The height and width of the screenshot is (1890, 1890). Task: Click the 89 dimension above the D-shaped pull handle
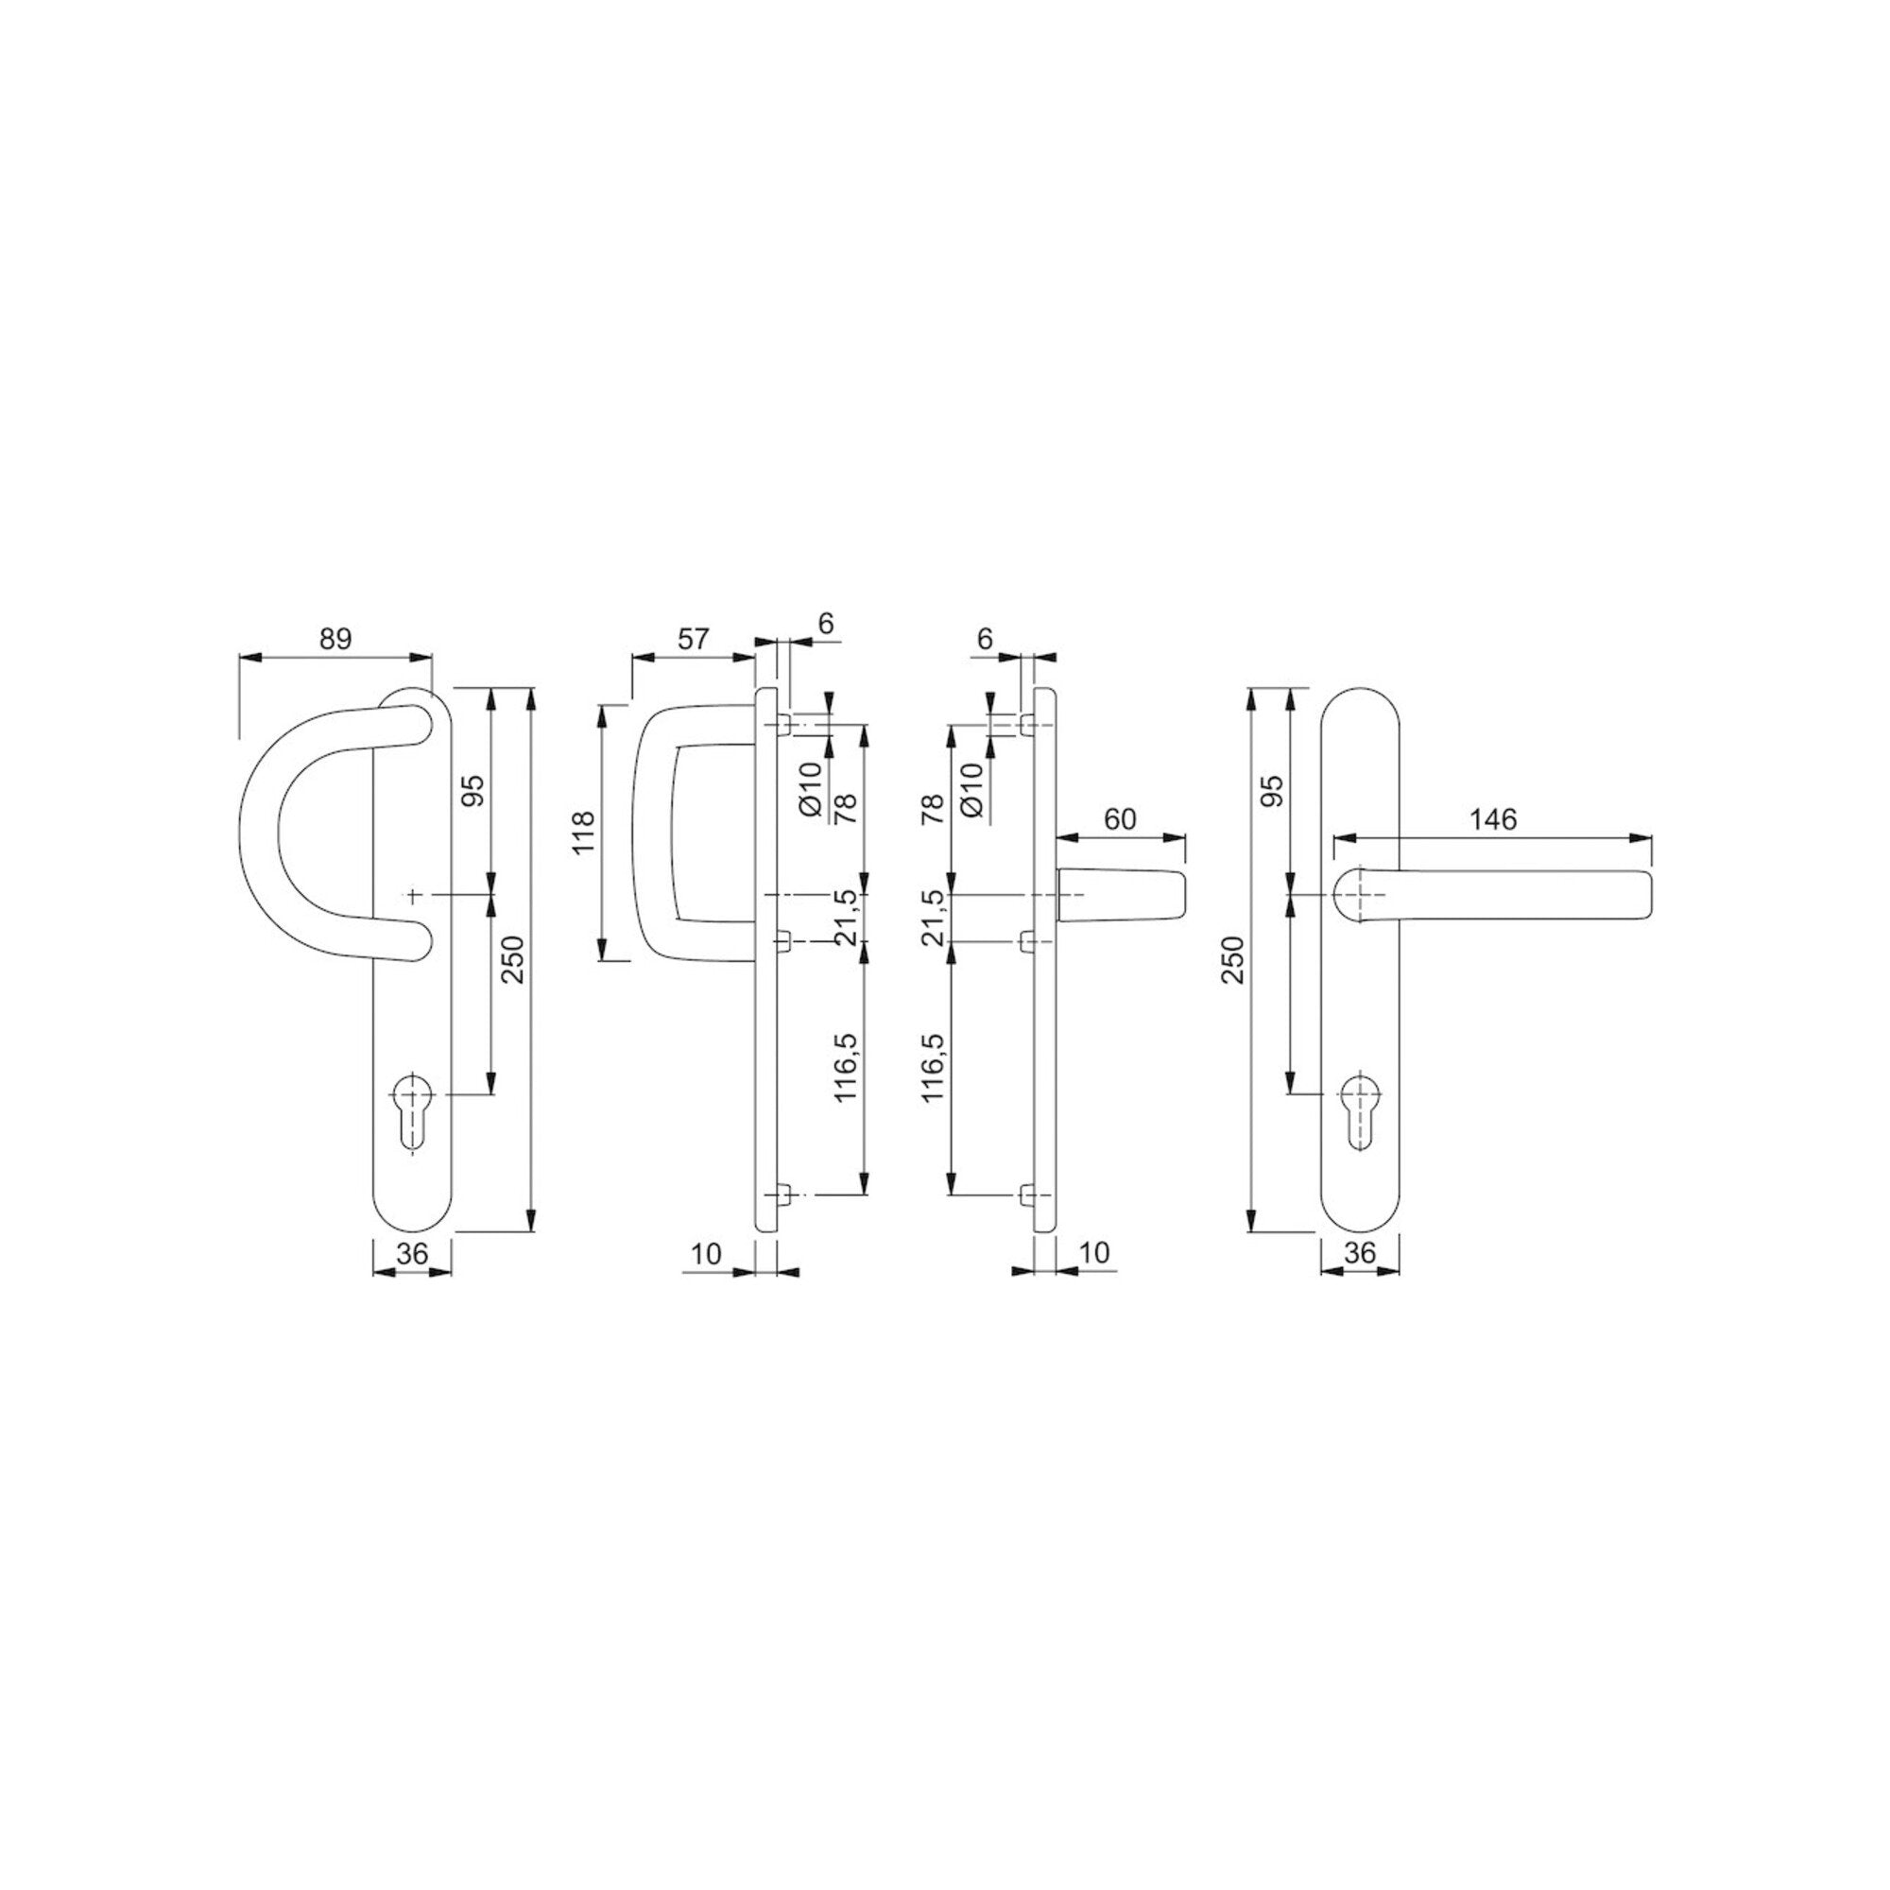click(335, 639)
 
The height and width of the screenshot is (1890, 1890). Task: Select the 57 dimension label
click(693, 639)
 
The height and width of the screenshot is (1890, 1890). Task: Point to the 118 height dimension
click(585, 832)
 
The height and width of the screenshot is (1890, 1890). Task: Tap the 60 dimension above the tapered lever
click(1120, 818)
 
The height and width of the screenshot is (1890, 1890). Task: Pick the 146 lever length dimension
click(1494, 818)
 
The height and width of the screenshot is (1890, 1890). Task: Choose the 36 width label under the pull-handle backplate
click(413, 1253)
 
